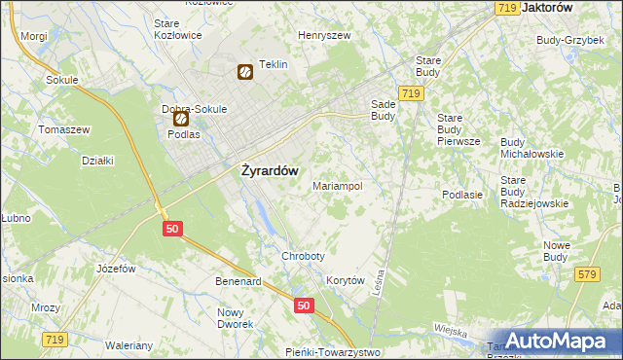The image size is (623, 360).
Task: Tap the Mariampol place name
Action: pyautogui.click(x=337, y=185)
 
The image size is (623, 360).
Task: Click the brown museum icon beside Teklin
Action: pyautogui.click(x=244, y=71)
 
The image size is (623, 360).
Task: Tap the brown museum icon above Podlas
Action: pyautogui.click(x=181, y=119)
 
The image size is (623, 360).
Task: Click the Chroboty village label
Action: pyautogui.click(x=303, y=256)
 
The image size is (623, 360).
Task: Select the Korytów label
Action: pyautogui.click(x=346, y=280)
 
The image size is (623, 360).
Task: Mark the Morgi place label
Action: pyautogui.click(x=33, y=36)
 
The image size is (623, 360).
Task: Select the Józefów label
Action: pyautogui.click(x=115, y=268)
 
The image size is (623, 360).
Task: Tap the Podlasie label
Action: pyautogui.click(x=462, y=195)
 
